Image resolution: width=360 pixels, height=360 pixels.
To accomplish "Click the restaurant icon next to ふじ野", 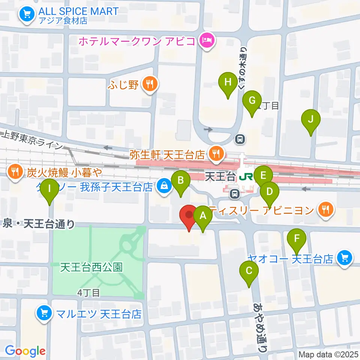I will [150, 84].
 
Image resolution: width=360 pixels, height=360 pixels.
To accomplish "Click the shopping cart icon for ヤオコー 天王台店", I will [344, 258].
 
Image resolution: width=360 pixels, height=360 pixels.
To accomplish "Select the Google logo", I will [25, 351].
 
